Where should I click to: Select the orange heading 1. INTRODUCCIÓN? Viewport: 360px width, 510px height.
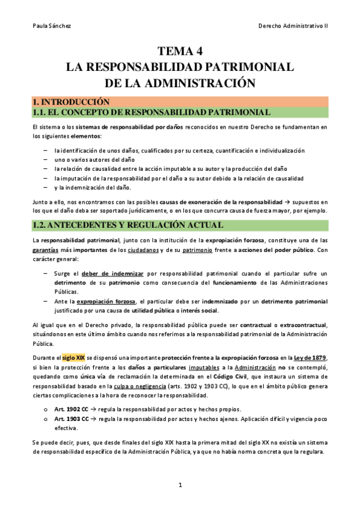pyautogui.click(x=71, y=102)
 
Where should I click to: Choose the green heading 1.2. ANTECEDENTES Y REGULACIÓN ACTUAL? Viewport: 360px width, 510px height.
pyautogui.click(x=129, y=226)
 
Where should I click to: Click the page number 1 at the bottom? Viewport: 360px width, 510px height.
pyautogui.click(x=180, y=484)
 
